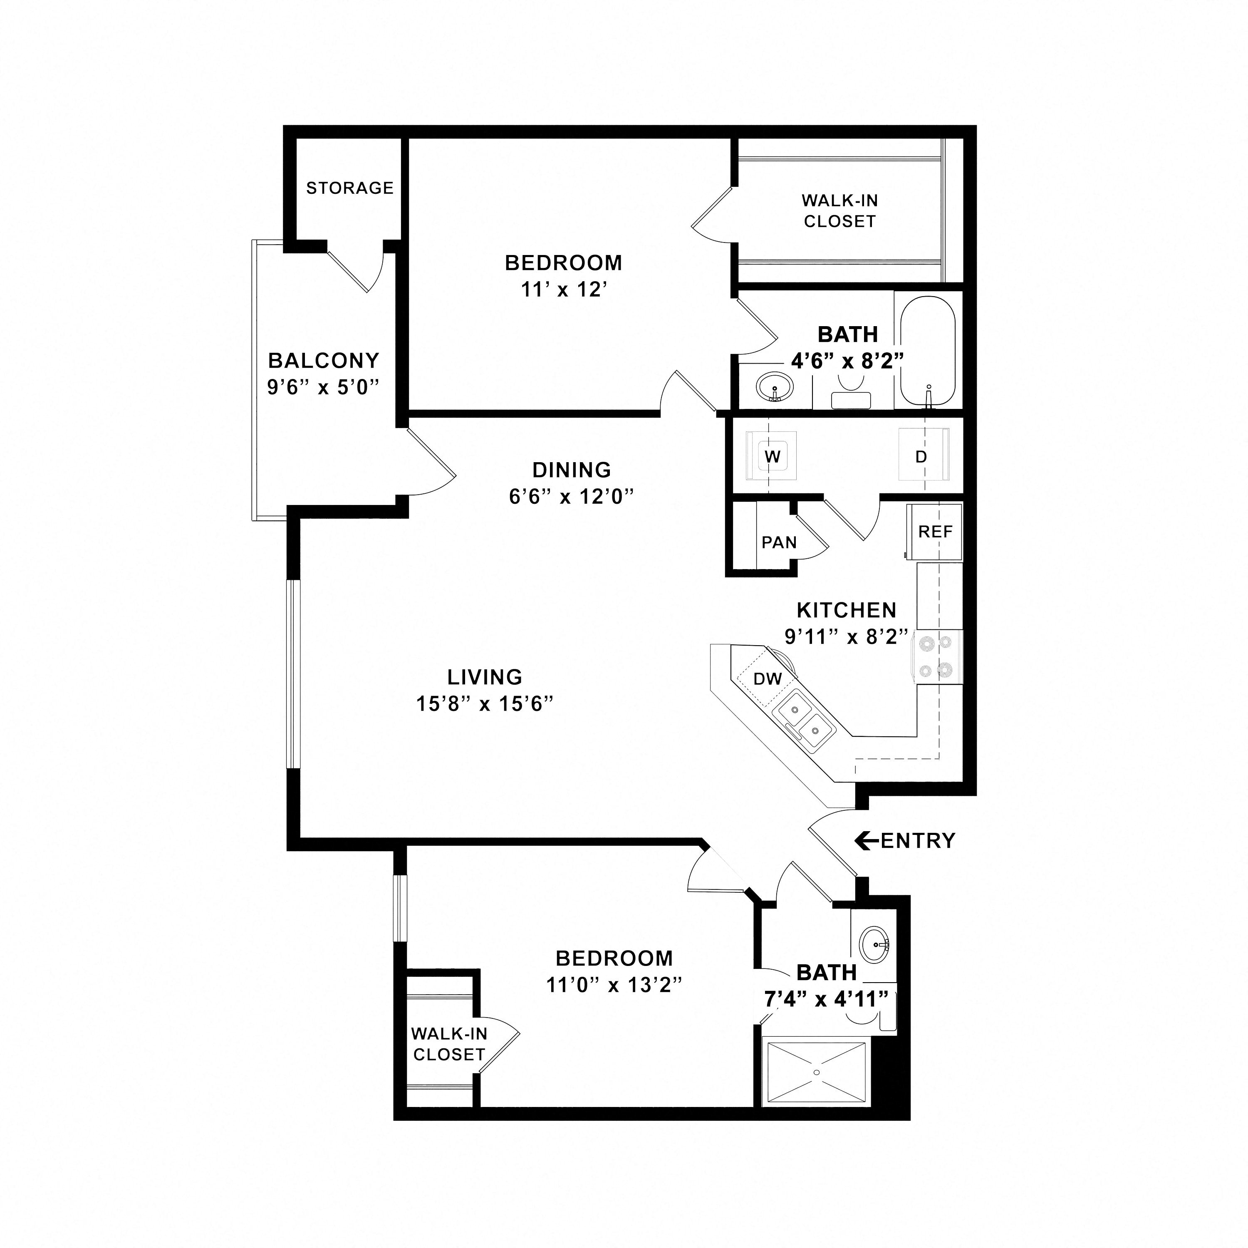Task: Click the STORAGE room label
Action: [349, 188]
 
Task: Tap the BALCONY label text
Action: [324, 360]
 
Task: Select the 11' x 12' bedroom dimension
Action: [565, 290]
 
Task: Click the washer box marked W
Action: [772, 456]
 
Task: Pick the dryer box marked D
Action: [922, 456]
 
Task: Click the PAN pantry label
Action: [779, 542]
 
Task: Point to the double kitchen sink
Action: [804, 720]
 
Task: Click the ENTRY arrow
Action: [867, 840]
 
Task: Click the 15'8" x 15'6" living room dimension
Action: [485, 703]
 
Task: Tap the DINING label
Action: [572, 470]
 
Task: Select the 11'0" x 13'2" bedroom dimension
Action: [614, 985]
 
